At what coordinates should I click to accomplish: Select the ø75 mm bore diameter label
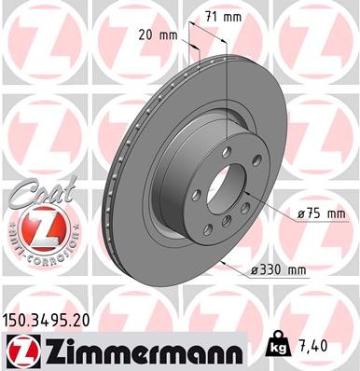(x=322, y=214)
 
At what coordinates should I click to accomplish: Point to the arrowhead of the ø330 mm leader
(x=227, y=259)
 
